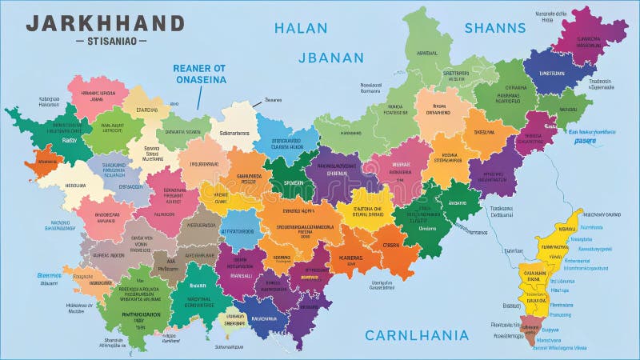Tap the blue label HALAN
[x=301, y=28]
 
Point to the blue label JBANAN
[x=330, y=58]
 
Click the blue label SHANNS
[x=495, y=28]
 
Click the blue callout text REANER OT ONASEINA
[x=199, y=74]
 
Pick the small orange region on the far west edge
[x=42, y=162]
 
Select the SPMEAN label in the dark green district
[x=294, y=182]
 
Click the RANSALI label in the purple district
[x=240, y=274]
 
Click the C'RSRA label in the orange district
[x=390, y=246]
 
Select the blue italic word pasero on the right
[x=586, y=141]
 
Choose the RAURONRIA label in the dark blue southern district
[x=263, y=318]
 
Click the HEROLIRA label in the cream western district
[x=54, y=186]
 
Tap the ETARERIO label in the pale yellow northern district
[x=147, y=110]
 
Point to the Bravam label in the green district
[x=198, y=286]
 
